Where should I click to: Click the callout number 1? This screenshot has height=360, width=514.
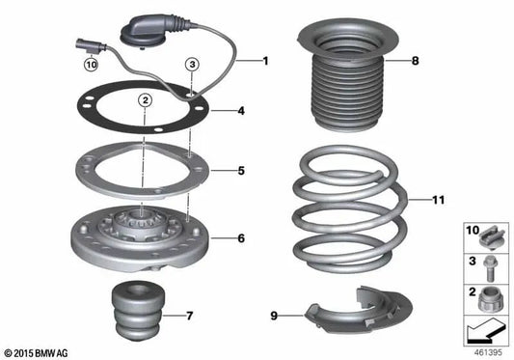point(267,61)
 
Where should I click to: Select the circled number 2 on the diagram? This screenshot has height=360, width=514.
point(144,100)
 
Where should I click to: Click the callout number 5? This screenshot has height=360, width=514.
point(241,171)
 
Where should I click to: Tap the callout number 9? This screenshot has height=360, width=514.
point(274,314)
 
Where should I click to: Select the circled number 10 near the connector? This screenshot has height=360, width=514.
point(92,66)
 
